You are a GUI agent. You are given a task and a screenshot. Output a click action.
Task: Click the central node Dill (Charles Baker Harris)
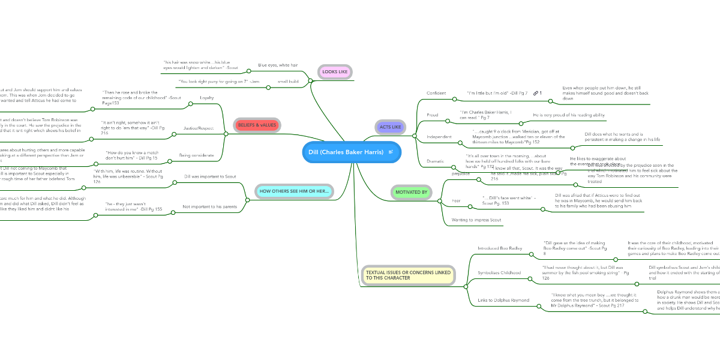tap(346, 152)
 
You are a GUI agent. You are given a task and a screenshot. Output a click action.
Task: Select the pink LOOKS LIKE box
tap(335, 72)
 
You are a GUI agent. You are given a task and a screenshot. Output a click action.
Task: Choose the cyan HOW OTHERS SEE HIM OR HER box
tap(294, 191)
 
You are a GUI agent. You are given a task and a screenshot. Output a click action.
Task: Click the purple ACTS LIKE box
tap(390, 127)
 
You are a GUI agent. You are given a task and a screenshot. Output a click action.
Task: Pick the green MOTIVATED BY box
tap(412, 193)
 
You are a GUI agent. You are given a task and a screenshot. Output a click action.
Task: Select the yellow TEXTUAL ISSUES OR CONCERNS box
tap(408, 275)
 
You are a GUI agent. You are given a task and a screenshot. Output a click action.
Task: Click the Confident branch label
tap(436, 93)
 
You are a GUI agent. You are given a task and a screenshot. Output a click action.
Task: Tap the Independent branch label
tap(439, 137)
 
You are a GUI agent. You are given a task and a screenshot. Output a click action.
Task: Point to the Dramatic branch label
tap(436, 161)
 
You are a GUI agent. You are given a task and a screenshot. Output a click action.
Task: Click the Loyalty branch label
tap(206, 97)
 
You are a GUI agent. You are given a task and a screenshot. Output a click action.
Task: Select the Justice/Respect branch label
tap(199, 128)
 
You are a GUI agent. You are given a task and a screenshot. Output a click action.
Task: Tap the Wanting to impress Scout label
tap(476, 220)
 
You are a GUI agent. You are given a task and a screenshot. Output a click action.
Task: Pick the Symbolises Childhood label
tap(500, 273)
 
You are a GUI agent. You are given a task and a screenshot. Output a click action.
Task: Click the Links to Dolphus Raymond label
tap(503, 299)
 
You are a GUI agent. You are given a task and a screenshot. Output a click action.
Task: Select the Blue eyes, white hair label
tap(278, 65)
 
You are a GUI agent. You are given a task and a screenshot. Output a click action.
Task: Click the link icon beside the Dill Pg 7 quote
tap(535, 93)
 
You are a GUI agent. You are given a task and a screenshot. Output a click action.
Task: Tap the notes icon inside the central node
tap(391, 152)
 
